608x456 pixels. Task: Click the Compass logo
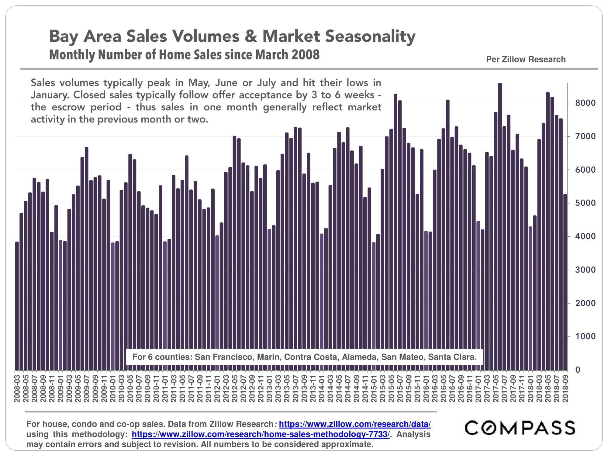coord(520,428)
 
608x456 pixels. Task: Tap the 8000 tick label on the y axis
coord(585,103)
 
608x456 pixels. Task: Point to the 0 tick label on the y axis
coord(578,370)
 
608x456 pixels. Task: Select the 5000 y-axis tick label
coord(585,203)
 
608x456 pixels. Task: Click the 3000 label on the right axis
coord(585,270)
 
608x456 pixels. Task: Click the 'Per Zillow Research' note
coord(526,59)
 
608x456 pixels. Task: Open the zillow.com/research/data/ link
coord(354,424)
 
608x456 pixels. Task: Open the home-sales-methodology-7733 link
coord(261,434)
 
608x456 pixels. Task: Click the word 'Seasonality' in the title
coord(370,36)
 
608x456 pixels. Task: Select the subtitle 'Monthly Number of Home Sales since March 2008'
coord(184,55)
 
